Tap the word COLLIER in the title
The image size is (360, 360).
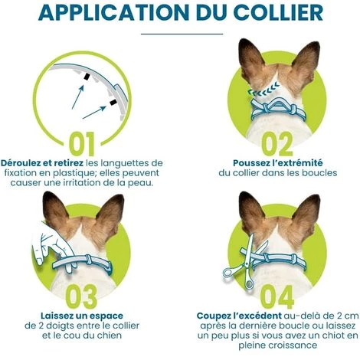pyautogui.click(x=278, y=12)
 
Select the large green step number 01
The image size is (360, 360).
pyautogui.click(x=82, y=144)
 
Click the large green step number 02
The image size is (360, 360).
pyautogui.click(x=277, y=144)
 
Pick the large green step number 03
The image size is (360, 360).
pyautogui.click(x=81, y=296)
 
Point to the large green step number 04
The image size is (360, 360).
pyautogui.click(x=277, y=296)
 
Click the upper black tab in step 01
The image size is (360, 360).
pyautogui.click(x=87, y=77)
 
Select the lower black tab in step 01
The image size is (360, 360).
pyautogui.click(x=113, y=103)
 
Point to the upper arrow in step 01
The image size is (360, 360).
pyautogui.click(x=78, y=97)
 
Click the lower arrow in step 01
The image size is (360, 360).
pyautogui.click(x=94, y=113)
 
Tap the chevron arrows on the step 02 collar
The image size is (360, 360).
pyautogui.click(x=263, y=89)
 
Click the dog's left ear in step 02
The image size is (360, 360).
pyautogui.click(x=250, y=60)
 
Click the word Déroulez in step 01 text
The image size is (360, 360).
pyautogui.click(x=24, y=163)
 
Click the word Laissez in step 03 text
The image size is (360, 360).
pyautogui.click(x=57, y=316)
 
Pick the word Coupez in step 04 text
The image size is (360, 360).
pyautogui.click(x=213, y=316)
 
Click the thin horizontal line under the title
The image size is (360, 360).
pyautogui.click(x=182, y=34)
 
